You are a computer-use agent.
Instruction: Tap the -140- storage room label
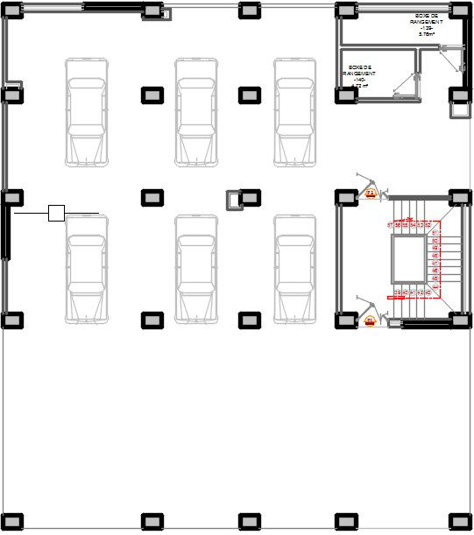(x=357, y=79)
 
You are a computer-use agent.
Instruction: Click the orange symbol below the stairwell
(x=370, y=320)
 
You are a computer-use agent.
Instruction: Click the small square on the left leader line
(x=56, y=213)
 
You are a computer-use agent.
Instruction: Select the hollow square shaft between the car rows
(x=234, y=201)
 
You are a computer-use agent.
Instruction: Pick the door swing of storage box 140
(x=404, y=83)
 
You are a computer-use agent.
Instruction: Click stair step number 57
(x=390, y=225)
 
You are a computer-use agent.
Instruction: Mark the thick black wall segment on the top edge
(x=113, y=8)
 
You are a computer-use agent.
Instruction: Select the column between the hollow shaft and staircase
(x=250, y=196)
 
